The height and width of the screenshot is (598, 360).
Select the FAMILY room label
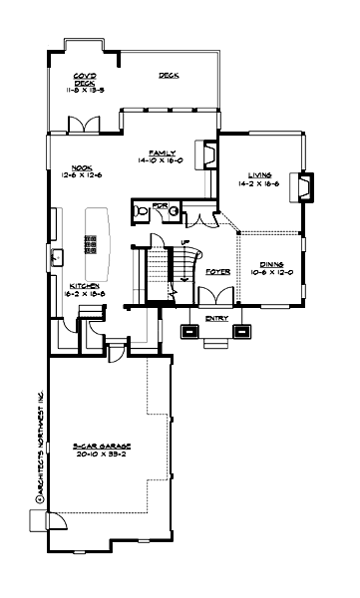(x=163, y=153)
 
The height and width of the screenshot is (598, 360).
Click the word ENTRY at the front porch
(x=216, y=318)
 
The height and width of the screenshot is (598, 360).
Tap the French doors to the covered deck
(x=82, y=125)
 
